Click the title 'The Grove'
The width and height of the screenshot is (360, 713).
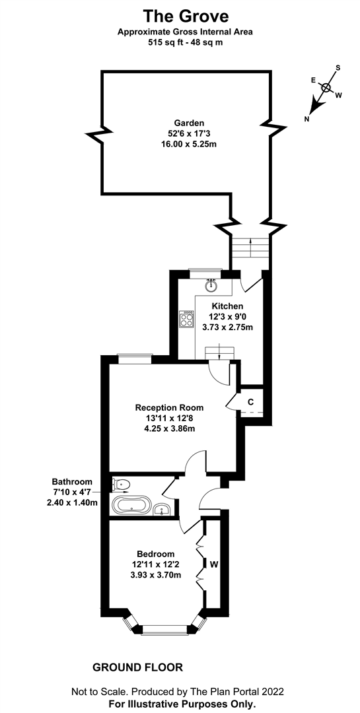point(186,17)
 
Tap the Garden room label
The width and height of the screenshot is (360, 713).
point(189,123)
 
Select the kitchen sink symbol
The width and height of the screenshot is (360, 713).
point(211,285)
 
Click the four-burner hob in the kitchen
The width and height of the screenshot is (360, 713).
point(187,318)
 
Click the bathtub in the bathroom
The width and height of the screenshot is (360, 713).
point(130,506)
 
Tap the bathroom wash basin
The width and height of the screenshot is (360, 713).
point(162,510)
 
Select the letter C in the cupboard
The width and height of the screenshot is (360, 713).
point(250,402)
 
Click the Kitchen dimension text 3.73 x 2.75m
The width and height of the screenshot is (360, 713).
point(228,326)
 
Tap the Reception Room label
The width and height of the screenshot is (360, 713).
point(169,407)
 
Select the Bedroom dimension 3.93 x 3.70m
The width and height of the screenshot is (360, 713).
point(156,575)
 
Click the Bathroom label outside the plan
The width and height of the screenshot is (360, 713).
point(72,481)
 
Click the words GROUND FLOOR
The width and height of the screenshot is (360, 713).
point(138,667)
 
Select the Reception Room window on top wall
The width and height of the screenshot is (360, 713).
point(133,359)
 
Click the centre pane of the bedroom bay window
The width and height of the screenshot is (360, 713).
point(168,630)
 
